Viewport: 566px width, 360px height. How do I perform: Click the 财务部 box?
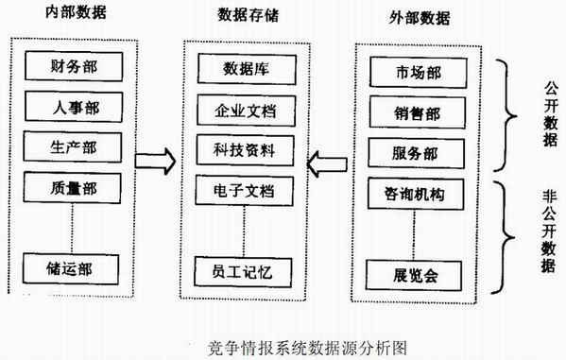pyautogui.click(x=74, y=67)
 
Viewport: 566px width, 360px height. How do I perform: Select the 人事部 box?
pyautogui.click(x=74, y=106)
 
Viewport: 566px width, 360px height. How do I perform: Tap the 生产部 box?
pyautogui.click(x=74, y=146)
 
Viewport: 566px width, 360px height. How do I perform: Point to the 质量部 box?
pyautogui.click(x=74, y=186)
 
